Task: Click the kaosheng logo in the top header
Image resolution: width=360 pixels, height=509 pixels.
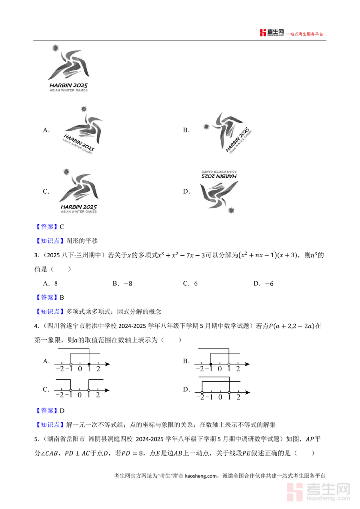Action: (272, 33)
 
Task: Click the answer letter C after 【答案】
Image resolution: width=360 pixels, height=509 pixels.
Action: (62, 227)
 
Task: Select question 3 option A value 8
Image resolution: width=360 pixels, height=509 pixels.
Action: (56, 283)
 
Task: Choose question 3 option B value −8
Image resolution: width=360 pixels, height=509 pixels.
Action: (128, 283)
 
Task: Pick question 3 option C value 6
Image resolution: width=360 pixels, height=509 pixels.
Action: (196, 283)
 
